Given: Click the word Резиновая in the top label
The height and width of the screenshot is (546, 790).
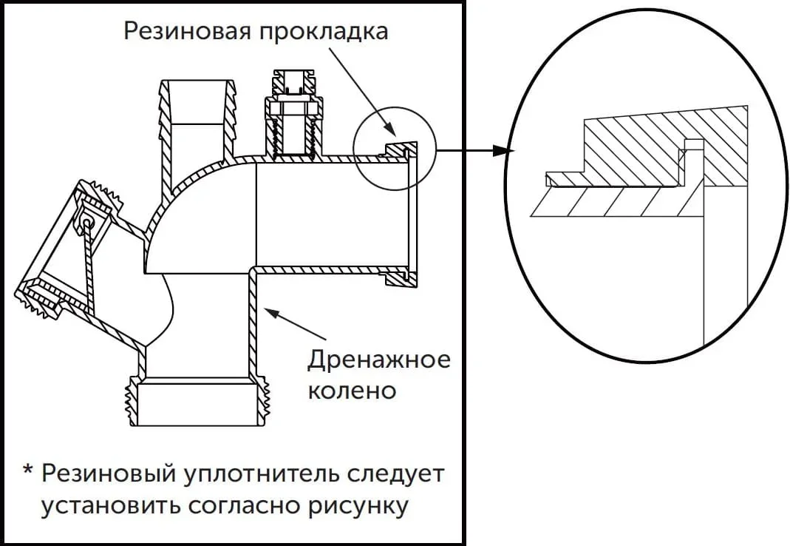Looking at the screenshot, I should coord(185,32).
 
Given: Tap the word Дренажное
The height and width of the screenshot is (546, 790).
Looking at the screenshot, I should coord(378,360).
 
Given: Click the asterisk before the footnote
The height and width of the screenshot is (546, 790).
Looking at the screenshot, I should coord(28,471).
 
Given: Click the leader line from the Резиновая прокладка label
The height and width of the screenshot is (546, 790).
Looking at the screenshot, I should coord(362,89).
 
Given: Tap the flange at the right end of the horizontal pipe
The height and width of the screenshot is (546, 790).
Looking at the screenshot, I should coord(411,215).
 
